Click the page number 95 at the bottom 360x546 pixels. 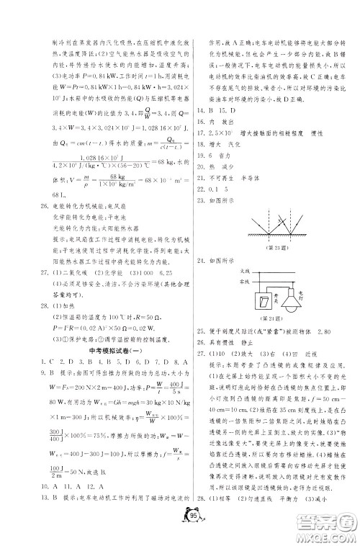[x=179, y=520]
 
